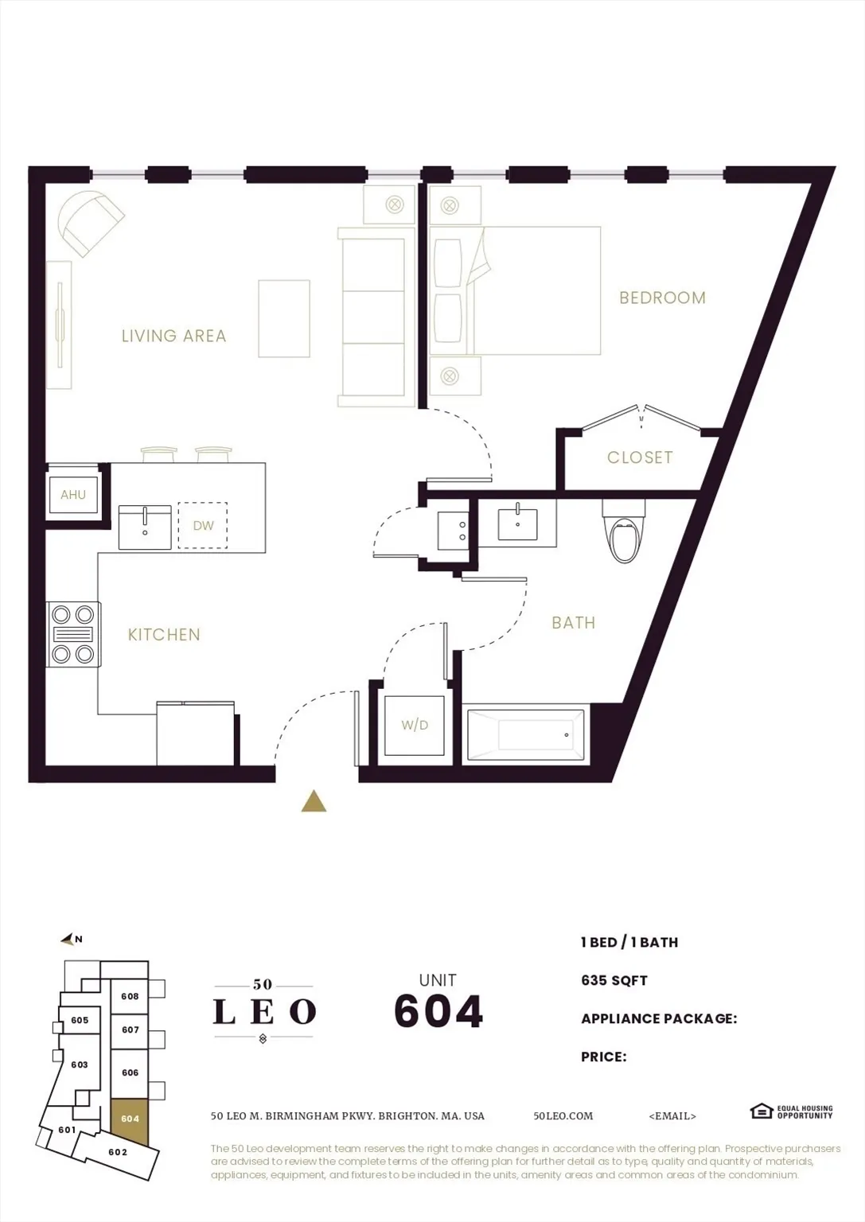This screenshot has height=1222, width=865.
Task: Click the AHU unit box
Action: coord(73,495)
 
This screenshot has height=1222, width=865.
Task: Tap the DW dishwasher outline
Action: coord(203,525)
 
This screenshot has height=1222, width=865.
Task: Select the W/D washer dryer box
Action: coord(414,725)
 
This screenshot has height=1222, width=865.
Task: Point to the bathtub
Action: coord(526,734)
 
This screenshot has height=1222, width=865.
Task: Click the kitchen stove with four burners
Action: coord(73,634)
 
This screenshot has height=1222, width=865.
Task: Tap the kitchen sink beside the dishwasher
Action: coord(145,527)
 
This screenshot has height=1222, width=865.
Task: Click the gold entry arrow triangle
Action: coord(314,801)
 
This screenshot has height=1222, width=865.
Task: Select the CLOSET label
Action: coord(640,457)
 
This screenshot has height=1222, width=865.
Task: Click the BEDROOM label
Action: coord(662,298)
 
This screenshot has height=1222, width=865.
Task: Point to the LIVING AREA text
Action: coord(173,336)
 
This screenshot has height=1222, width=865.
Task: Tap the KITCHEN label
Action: coord(164,635)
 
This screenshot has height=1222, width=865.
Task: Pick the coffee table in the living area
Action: coord(284,318)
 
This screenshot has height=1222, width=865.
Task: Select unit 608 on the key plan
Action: coord(130,996)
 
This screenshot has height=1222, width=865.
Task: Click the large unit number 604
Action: coord(438,1011)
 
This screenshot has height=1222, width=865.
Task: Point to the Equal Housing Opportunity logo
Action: coord(791,1111)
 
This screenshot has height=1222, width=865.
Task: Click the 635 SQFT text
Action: coord(614,980)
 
